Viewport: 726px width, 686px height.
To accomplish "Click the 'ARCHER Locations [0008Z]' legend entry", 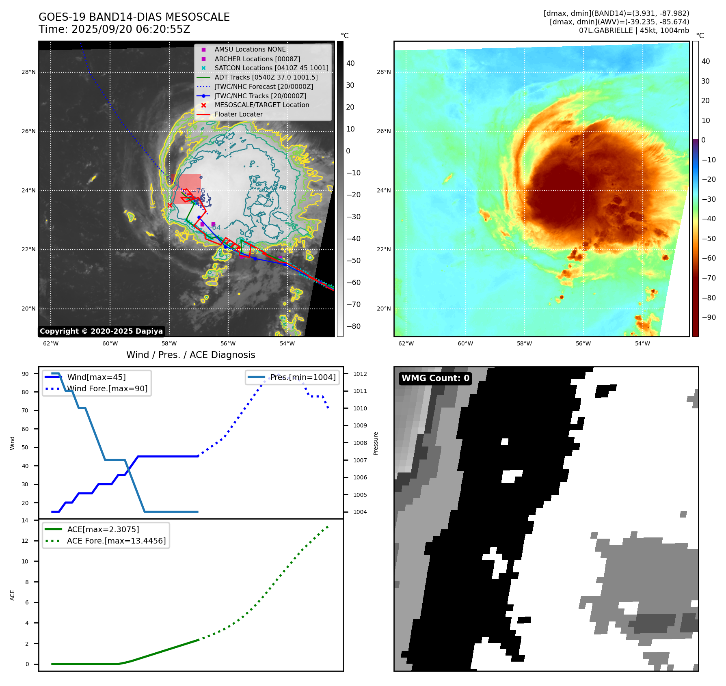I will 257,59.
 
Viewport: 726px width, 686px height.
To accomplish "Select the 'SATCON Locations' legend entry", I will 271,68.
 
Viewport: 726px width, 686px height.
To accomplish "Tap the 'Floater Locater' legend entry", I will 238,114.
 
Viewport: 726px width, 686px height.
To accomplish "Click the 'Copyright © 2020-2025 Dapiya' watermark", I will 101,331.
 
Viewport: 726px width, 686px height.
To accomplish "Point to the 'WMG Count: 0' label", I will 435,378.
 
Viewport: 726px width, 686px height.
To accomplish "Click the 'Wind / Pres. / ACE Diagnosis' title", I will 190,355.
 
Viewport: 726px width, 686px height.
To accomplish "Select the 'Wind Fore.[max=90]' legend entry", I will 107,388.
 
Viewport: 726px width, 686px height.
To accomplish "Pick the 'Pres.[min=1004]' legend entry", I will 303,377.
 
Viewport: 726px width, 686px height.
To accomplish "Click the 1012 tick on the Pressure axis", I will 360,374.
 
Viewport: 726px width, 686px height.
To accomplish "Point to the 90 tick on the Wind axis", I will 26,374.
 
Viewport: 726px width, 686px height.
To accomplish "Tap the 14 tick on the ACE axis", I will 25,520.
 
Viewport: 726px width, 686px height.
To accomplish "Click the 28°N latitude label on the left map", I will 28,72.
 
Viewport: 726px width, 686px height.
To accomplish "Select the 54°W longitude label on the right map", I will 642,343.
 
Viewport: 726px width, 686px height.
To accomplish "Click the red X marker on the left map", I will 170,205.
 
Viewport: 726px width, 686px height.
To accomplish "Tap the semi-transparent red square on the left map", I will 186,189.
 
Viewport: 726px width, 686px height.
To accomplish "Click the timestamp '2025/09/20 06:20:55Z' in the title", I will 131,29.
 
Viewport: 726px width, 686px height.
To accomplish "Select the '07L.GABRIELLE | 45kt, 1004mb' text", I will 634,30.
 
